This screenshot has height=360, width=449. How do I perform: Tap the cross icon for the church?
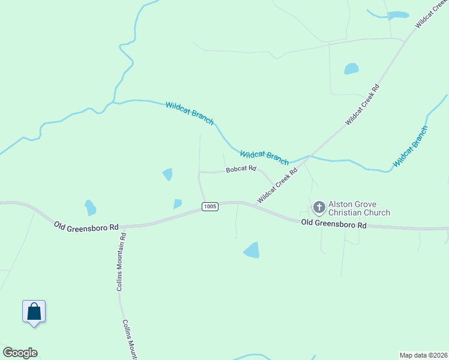[319, 208]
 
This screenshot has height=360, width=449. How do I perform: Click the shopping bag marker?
[34, 312]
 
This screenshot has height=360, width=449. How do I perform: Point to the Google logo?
[20, 353]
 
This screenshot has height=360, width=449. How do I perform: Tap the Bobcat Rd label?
[241, 170]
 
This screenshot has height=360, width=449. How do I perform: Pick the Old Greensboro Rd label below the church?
[333, 224]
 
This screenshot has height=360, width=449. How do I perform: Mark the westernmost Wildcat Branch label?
[190, 113]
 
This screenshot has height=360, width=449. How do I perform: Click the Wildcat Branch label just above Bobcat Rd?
[264, 157]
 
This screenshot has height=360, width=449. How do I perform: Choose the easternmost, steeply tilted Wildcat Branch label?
[411, 147]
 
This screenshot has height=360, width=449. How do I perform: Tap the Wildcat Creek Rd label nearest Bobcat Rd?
[277, 185]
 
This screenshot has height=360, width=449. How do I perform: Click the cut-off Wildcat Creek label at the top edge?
[432, 14]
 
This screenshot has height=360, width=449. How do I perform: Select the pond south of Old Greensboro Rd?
[252, 250]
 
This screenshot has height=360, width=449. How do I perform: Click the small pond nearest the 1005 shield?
[177, 204]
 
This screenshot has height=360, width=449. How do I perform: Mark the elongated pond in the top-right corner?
[397, 15]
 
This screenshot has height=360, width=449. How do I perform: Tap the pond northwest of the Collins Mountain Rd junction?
[90, 208]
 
